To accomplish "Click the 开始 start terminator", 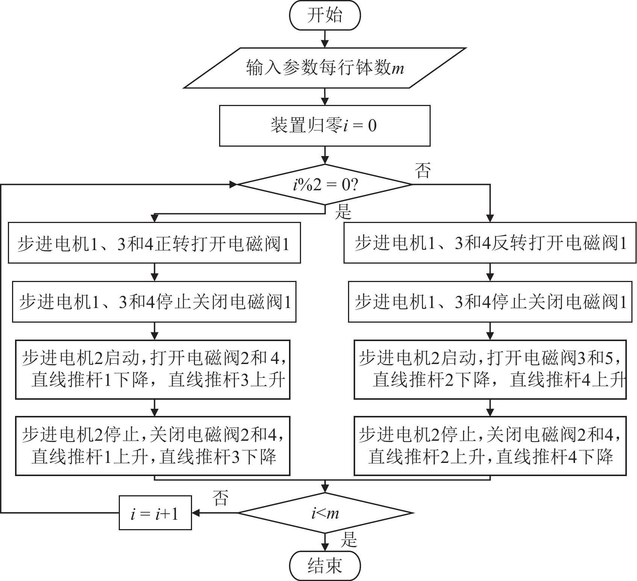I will [325, 16].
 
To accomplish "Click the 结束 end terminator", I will [325, 565].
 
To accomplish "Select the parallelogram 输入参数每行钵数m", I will [325, 68].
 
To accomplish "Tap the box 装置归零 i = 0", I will [325, 126].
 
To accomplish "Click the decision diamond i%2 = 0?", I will [325, 185].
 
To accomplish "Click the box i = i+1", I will [155, 513].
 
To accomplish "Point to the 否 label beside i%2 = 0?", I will [422, 171].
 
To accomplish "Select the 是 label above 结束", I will [348, 540].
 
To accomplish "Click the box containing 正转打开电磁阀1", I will [154, 243].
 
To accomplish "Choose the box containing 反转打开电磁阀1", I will [490, 243].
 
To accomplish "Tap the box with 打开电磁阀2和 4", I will [153, 369].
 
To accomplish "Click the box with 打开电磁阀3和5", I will [490, 369].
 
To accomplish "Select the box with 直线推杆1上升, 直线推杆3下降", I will [153, 446].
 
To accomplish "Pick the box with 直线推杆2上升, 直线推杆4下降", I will [490, 446].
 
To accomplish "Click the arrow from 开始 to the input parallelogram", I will [325, 39].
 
